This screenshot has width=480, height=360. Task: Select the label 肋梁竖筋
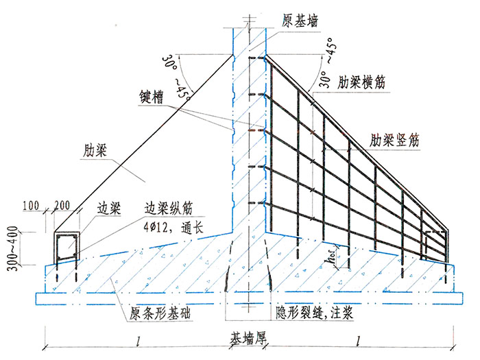pos(394,139)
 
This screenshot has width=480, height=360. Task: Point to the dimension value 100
pos(49,206)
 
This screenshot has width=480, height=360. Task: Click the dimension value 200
pos(70,206)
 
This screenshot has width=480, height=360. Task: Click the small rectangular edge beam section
pos(68,248)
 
